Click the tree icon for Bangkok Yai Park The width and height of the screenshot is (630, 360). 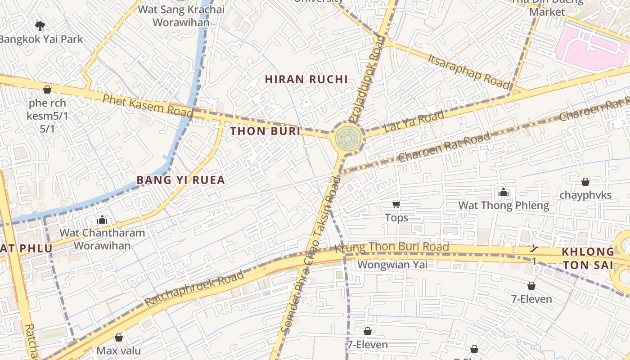40,26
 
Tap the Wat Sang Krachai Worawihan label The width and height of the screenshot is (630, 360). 181,16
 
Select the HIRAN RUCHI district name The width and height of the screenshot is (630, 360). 306,80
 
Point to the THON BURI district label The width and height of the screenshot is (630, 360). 265,131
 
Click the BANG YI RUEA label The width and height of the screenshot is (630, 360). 180,180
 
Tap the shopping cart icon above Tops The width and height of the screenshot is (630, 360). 396,205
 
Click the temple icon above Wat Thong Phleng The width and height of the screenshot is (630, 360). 504,193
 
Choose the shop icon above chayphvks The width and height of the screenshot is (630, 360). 585,182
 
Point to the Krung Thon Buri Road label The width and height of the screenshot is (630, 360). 391,247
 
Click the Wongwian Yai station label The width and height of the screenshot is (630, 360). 392,265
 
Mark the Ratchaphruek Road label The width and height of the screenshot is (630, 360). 194,288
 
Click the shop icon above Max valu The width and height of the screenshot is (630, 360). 119,337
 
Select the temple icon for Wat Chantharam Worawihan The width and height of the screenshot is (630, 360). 102,220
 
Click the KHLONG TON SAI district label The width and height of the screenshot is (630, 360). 588,258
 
